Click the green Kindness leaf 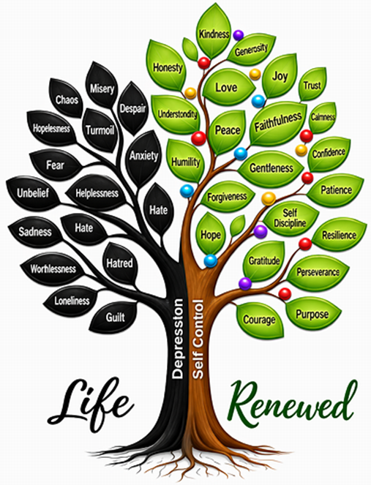(x=214, y=31)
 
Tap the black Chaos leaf (x=66, y=98)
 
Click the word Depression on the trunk (x=177, y=339)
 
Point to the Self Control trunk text (x=198, y=339)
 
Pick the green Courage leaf (x=259, y=320)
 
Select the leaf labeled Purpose (x=312, y=314)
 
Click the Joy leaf (x=280, y=76)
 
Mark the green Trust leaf (x=312, y=85)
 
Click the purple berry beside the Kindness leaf (x=239, y=35)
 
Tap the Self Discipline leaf (x=291, y=219)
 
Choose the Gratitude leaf (x=265, y=260)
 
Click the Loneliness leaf (x=71, y=301)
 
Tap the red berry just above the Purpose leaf (x=285, y=294)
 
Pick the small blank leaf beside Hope (x=238, y=225)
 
